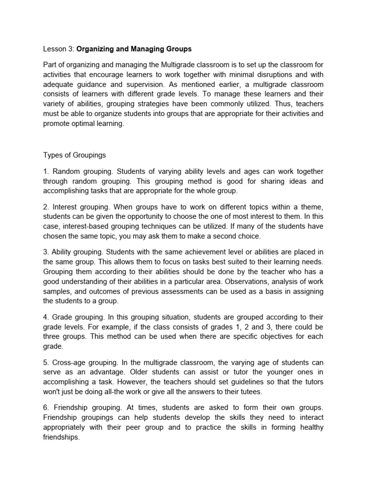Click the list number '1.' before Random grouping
[x=46, y=172]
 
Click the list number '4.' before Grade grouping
[x=46, y=317]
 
